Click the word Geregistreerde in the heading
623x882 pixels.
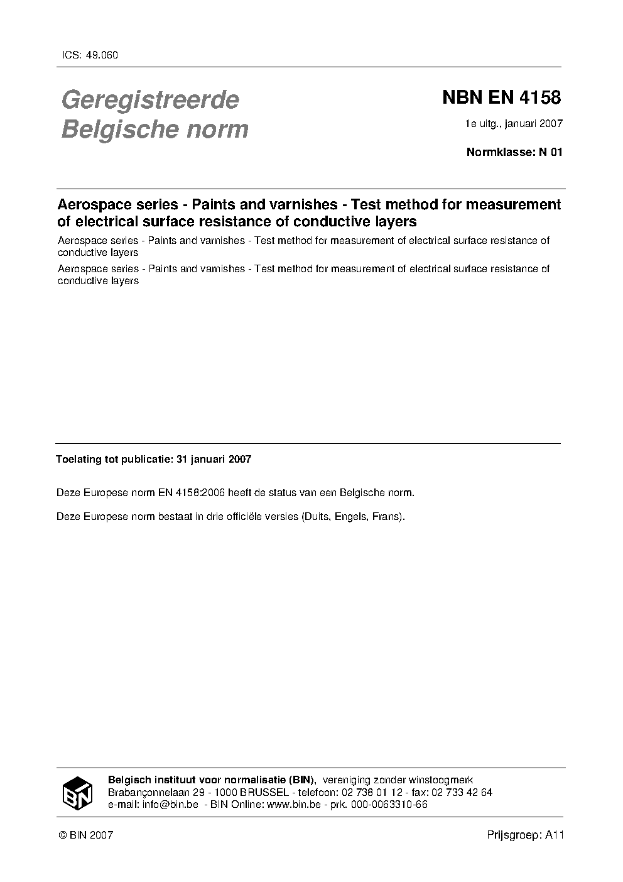pos(150,100)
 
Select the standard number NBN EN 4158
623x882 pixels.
pos(501,98)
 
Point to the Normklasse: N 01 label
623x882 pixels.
pos(514,152)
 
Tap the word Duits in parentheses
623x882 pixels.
pos(317,517)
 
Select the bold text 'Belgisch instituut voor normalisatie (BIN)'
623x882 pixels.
pos(212,780)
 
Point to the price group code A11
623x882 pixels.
pos(555,835)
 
